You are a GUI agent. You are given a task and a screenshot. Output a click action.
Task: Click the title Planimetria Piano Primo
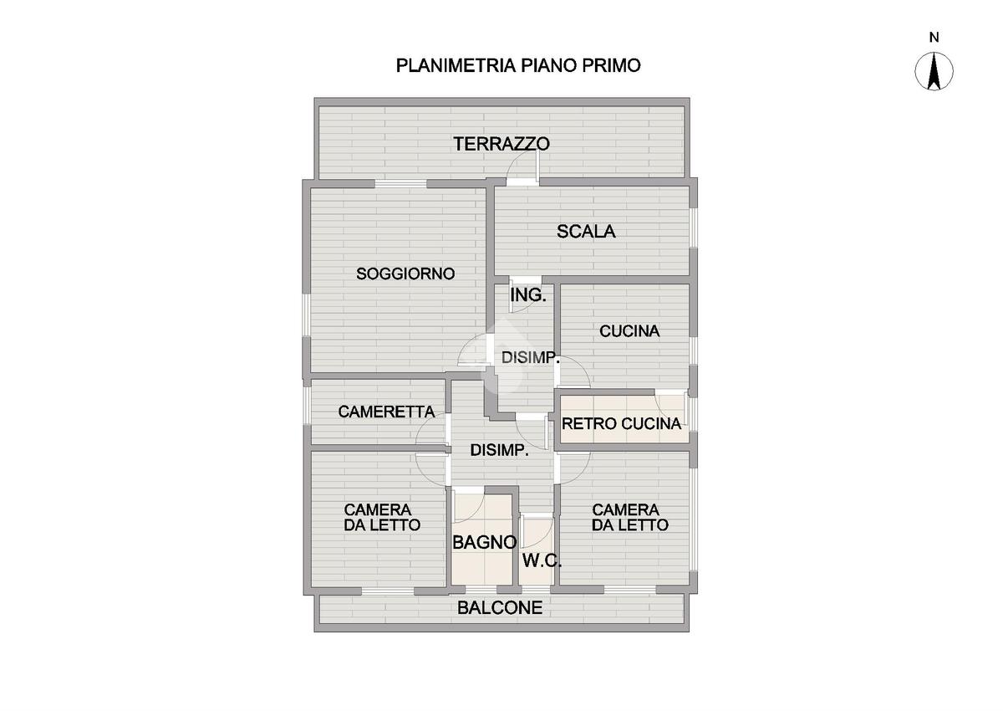coord(518,66)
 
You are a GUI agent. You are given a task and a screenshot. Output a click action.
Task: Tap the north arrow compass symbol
coord(934,71)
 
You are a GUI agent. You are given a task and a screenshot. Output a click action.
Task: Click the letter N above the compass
coord(934,37)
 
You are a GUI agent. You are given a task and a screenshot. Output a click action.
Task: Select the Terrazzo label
coord(501,144)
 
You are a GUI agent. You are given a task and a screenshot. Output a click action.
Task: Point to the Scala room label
coord(586,232)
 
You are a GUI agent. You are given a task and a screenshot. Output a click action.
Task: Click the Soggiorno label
coord(405,274)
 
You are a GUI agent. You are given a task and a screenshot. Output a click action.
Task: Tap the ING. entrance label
coord(528,295)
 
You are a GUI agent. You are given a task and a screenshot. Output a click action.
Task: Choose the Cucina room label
coord(629,331)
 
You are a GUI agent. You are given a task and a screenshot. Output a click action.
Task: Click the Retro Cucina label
coord(621,424)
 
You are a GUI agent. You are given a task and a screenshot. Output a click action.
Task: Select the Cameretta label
coord(386,412)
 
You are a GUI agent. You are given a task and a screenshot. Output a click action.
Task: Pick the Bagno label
coord(484,542)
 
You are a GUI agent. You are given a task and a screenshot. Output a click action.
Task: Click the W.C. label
coord(542,561)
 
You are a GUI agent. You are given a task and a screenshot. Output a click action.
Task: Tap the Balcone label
coord(500,608)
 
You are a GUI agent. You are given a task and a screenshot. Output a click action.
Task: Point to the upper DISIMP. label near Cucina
coord(530,358)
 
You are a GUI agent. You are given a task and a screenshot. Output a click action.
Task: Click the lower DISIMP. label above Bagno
coord(499,450)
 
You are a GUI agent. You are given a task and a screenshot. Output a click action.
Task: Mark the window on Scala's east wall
coord(693,227)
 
